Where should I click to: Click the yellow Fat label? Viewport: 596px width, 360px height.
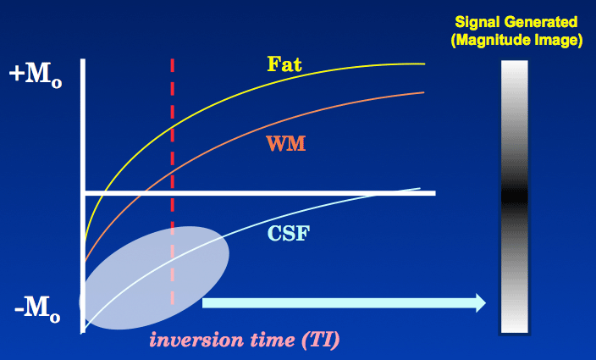tap(284, 64)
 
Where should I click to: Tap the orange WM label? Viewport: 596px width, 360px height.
tap(286, 144)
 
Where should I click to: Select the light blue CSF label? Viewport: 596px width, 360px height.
tap(289, 233)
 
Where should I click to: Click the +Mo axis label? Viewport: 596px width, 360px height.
tap(36, 75)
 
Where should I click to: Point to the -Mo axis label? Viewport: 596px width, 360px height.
tap(37, 309)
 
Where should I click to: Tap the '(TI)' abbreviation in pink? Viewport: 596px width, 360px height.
tap(320, 340)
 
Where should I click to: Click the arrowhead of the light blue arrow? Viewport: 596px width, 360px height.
tap(481, 303)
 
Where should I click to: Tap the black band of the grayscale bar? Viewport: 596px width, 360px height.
tap(515, 197)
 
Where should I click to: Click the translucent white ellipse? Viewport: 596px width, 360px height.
tap(154, 278)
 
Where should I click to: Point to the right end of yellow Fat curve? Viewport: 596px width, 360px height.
tap(424, 64)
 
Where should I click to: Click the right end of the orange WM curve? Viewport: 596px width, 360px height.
tap(423, 92)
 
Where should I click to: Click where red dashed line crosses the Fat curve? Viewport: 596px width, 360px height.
tap(173, 127)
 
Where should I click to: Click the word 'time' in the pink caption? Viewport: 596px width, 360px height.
tap(273, 340)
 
